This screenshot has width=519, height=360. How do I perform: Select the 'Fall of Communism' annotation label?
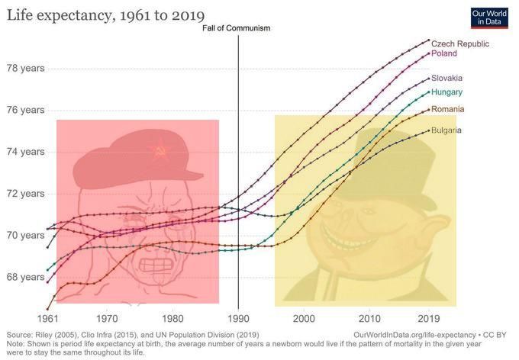click(x=238, y=28)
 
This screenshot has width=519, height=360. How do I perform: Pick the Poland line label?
click(x=444, y=54)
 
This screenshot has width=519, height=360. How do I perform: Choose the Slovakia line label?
click(x=446, y=79)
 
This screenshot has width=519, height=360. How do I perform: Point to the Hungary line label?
click(x=446, y=92)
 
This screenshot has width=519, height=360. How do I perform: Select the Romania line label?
click(x=447, y=110)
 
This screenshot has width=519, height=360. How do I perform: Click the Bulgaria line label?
click(x=446, y=130)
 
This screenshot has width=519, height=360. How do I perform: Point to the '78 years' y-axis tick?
click(x=25, y=68)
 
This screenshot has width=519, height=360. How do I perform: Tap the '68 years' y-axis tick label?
click(x=25, y=277)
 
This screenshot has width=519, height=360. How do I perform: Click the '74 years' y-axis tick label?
click(x=25, y=152)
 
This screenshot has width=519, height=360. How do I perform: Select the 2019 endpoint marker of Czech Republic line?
click(x=429, y=40)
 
